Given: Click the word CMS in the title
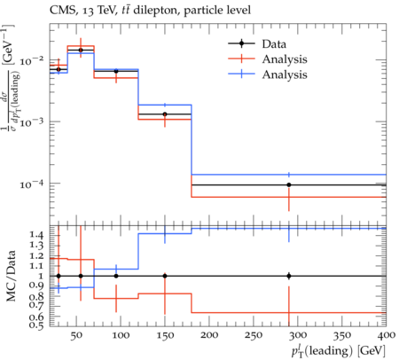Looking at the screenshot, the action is [60, 11].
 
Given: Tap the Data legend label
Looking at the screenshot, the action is [274, 44].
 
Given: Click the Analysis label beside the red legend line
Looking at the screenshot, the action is [285, 59].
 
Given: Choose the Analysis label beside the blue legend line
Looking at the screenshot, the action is [285, 74].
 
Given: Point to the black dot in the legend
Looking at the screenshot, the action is [241, 43].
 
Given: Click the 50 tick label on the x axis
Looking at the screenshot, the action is [76, 335].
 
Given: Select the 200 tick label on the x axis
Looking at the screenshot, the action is [209, 335].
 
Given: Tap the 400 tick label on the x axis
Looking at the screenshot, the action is [386, 335].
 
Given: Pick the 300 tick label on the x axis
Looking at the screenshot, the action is [298, 335].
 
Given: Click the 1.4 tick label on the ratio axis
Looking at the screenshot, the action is [36, 236].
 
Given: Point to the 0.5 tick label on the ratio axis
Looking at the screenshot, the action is [36, 325].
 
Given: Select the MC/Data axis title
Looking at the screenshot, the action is [12, 276].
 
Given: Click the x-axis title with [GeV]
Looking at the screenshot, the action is [339, 351].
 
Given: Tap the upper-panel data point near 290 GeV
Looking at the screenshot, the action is [289, 185].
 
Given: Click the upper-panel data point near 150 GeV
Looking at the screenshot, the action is [165, 114].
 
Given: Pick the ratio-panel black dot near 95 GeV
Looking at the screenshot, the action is [116, 276].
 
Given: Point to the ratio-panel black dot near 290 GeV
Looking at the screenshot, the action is [289, 276].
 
